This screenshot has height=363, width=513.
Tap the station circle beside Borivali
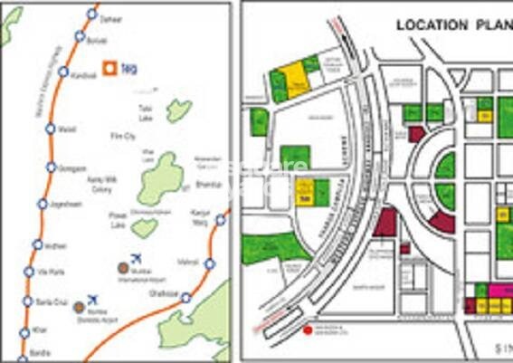pyautogui.click(x=80, y=38)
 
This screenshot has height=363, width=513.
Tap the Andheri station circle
pyautogui.click(x=37, y=244)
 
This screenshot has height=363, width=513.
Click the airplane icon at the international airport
pyautogui.click(x=137, y=258)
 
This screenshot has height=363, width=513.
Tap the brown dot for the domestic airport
pyautogui.click(x=80, y=306)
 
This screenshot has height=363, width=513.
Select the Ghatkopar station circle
pyautogui.click(x=185, y=297)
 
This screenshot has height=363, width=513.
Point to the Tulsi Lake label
pyautogui.click(x=146, y=111)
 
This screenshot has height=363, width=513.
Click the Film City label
pyautogui.click(x=122, y=136)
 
